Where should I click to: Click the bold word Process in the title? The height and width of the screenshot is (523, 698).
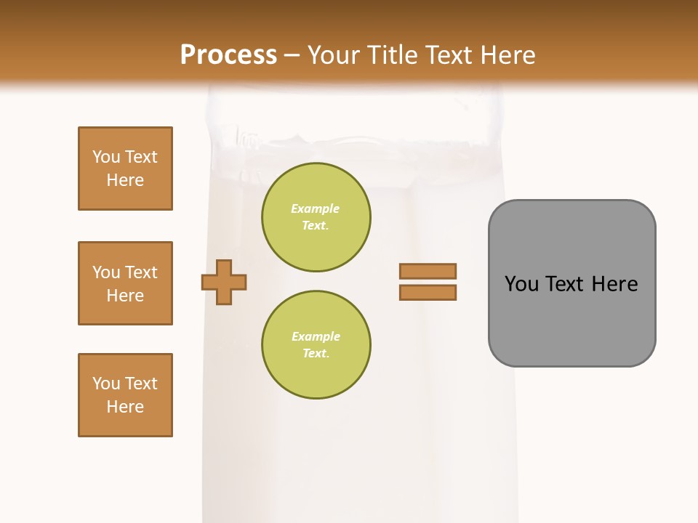click(228, 55)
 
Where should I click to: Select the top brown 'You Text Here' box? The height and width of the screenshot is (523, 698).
click(125, 169)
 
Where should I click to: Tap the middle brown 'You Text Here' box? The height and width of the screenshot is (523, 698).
click(125, 283)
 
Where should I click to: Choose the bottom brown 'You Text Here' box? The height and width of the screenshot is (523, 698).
click(125, 395)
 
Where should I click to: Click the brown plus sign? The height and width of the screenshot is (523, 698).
click(224, 282)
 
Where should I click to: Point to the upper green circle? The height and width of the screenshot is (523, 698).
click(316, 217)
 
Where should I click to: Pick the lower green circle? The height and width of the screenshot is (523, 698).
click(316, 345)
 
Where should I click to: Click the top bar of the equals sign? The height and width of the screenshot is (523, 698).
click(428, 271)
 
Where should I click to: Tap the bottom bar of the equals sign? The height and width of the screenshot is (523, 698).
click(428, 292)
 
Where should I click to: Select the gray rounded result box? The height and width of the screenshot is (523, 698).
click(571, 283)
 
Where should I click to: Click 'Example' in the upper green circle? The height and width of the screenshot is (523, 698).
click(316, 208)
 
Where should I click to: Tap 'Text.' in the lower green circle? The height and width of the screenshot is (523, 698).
click(316, 354)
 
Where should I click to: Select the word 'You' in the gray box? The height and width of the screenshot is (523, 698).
click(521, 284)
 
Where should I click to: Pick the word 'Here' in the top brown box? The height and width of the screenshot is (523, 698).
click(125, 180)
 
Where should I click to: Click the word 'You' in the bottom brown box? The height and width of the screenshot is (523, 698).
click(106, 384)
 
